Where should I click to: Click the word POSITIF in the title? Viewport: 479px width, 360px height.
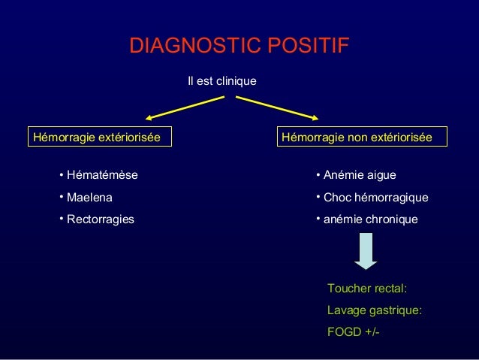[x=305, y=46]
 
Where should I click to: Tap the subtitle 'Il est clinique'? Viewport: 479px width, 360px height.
[x=221, y=80]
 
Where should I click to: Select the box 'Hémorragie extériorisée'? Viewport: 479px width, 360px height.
[x=97, y=138]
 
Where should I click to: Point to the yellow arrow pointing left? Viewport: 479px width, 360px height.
[x=183, y=109]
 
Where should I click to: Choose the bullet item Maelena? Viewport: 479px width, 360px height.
[x=89, y=198]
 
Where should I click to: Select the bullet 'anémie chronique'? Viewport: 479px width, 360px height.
[x=370, y=219]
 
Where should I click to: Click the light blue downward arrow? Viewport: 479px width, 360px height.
[x=366, y=250]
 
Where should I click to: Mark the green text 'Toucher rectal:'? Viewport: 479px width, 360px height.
[x=368, y=288]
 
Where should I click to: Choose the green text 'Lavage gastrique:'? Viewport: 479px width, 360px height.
[x=375, y=310]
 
